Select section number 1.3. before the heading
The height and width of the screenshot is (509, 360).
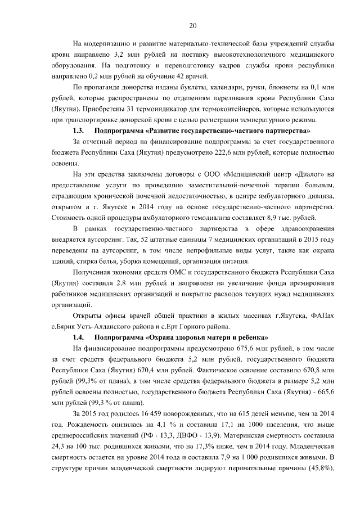tap(80, 130)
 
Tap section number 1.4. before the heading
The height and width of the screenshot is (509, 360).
tap(80, 337)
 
